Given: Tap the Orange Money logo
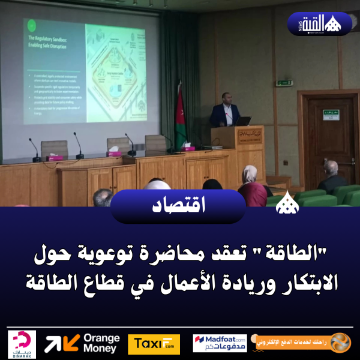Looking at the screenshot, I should pyautogui.click(x=82, y=344).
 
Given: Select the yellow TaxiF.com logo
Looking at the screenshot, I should pyautogui.click(x=154, y=344).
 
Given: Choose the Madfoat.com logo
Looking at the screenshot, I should pyautogui.click(x=220, y=343).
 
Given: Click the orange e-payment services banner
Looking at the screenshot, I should pyautogui.click(x=303, y=343).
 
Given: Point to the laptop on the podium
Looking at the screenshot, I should pyautogui.click(x=243, y=121).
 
